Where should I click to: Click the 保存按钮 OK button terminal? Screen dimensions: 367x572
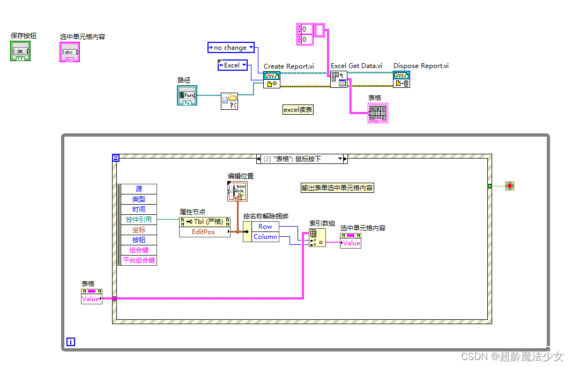(x=20, y=51)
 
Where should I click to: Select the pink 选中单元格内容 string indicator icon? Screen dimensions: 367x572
(x=70, y=53)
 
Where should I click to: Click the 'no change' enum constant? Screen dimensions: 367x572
(x=231, y=48)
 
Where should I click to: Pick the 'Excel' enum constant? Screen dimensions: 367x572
(x=232, y=65)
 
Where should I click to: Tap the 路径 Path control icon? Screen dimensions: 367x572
(x=187, y=95)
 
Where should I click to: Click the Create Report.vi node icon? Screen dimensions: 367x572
(x=271, y=79)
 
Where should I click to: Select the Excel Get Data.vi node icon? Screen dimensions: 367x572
(x=339, y=79)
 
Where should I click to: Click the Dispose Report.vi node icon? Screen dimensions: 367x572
(x=402, y=79)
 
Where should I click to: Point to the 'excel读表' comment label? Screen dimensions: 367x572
(x=298, y=110)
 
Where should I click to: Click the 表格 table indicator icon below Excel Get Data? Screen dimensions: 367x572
(x=377, y=113)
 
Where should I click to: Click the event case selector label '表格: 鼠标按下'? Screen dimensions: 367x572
(x=300, y=159)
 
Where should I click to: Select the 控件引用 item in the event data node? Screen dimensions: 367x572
(x=139, y=219)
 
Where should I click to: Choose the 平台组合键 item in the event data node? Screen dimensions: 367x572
(x=139, y=260)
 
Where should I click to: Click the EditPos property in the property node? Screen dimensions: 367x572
(x=204, y=232)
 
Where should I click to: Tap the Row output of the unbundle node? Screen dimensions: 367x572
(x=265, y=227)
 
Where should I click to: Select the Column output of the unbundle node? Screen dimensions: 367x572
(x=265, y=237)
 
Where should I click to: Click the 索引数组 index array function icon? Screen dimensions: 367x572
(x=317, y=237)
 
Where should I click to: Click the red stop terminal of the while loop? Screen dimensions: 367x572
(x=509, y=186)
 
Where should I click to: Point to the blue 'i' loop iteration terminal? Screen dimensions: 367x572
(x=70, y=341)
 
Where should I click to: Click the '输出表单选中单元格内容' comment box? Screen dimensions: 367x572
(x=337, y=188)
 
